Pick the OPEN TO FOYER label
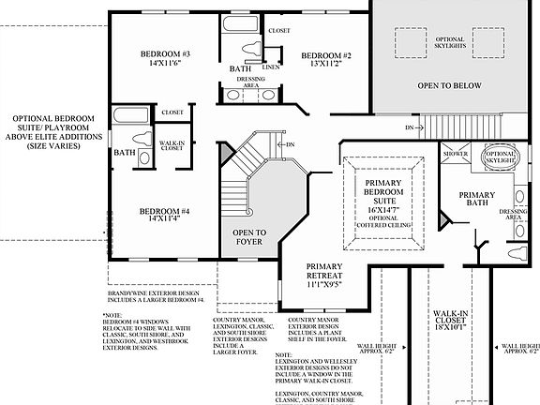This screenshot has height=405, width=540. [x=248, y=237]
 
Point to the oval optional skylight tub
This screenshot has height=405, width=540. [x=500, y=157]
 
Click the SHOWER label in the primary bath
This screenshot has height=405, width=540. [x=457, y=153]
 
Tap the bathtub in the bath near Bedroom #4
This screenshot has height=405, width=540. [x=124, y=116]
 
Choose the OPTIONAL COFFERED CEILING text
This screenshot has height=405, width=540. [x=382, y=222]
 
